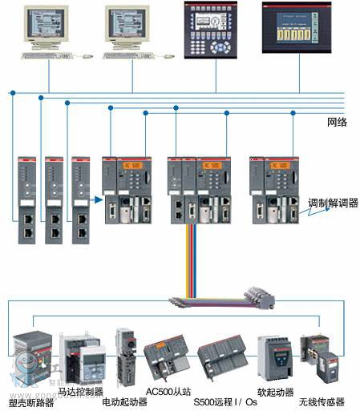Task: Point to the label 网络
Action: [x=337, y=122]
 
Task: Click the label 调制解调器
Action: [x=334, y=203]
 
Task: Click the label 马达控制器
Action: [x=80, y=391]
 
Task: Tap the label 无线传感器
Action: [x=321, y=401]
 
